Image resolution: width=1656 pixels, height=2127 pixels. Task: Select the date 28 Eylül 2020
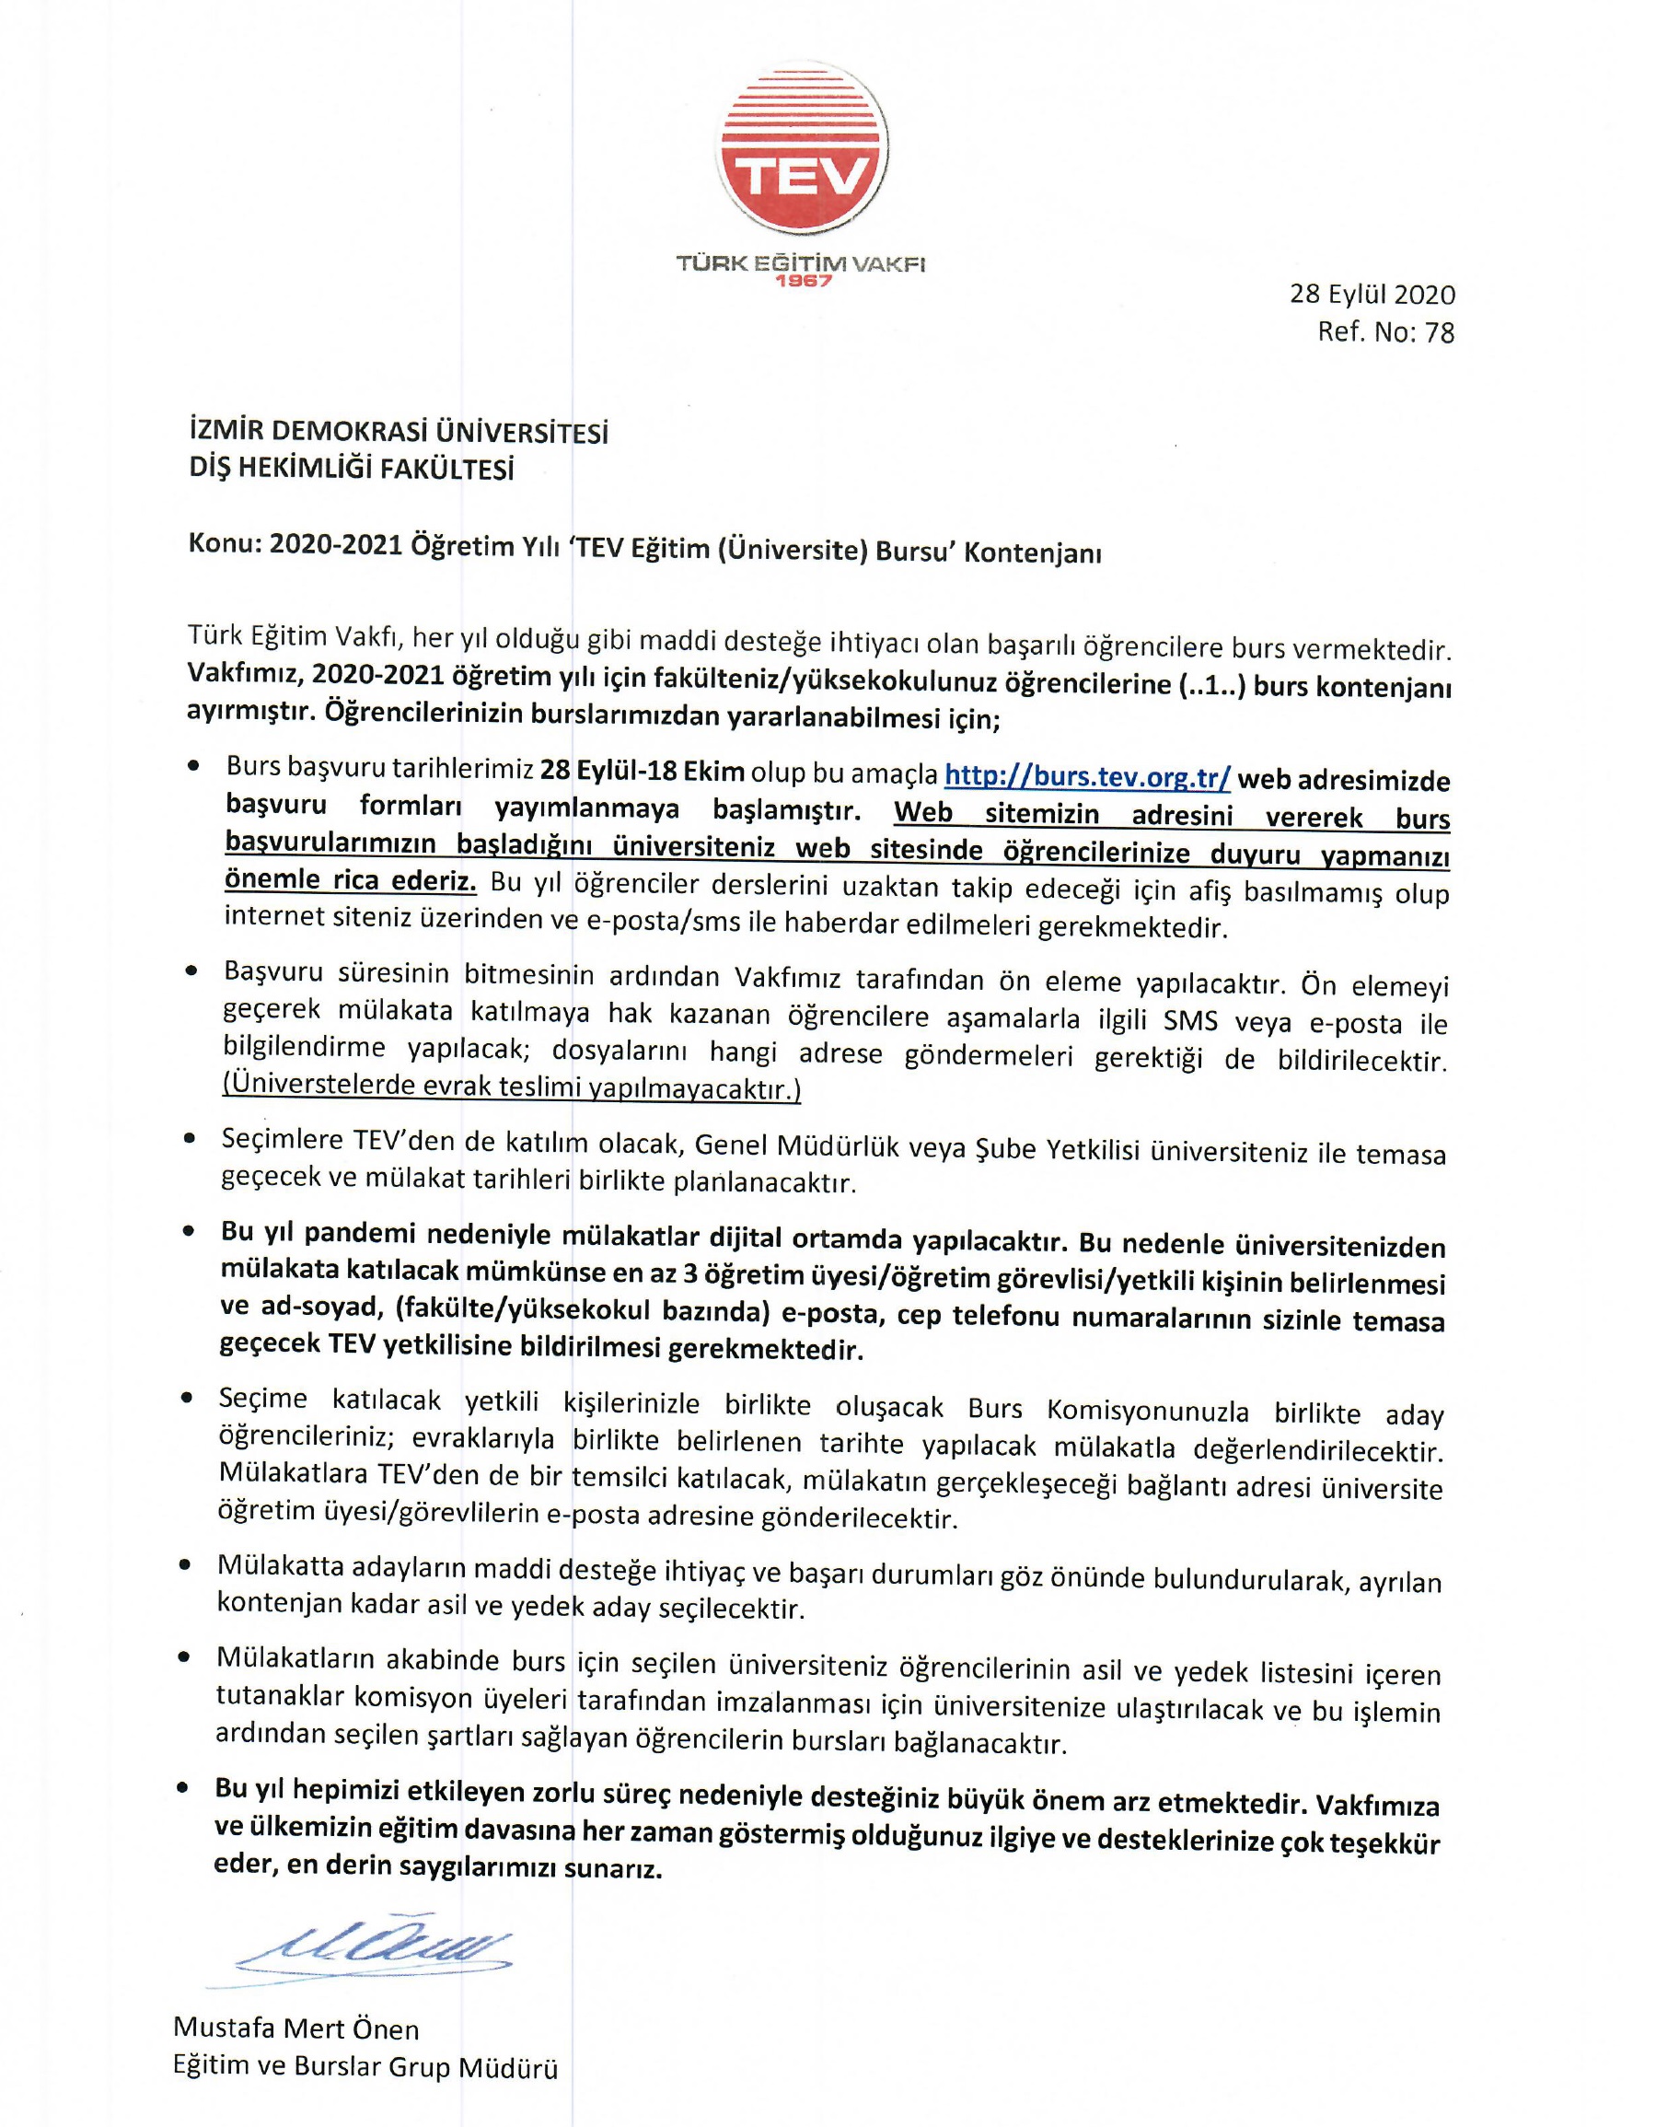(x=1372, y=294)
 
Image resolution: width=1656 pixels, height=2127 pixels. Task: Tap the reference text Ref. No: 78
(x=1385, y=333)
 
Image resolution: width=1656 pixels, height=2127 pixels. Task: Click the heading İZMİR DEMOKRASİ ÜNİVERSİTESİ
(x=399, y=431)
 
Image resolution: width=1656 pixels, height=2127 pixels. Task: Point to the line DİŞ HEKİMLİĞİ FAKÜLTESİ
(x=351, y=470)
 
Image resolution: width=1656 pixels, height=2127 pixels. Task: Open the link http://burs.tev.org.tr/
(x=1087, y=776)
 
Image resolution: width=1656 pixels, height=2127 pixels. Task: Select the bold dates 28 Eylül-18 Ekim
(x=643, y=773)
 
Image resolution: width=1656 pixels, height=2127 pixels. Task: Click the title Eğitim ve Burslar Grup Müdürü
(x=365, y=2066)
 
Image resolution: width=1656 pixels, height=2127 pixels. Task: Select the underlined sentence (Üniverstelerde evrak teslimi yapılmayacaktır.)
(x=512, y=1087)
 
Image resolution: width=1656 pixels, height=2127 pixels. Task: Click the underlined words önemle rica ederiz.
(x=351, y=880)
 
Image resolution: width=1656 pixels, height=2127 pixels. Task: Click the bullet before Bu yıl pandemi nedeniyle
(x=190, y=1232)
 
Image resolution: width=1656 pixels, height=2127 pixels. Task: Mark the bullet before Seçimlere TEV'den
(x=191, y=1138)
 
